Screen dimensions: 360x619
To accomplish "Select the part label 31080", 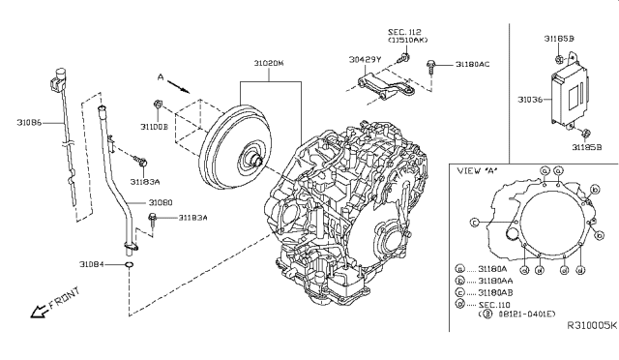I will (160, 202).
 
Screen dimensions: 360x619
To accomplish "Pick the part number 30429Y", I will (366, 59).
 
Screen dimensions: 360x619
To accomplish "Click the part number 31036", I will (530, 98).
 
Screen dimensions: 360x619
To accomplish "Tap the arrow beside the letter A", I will (175, 85).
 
